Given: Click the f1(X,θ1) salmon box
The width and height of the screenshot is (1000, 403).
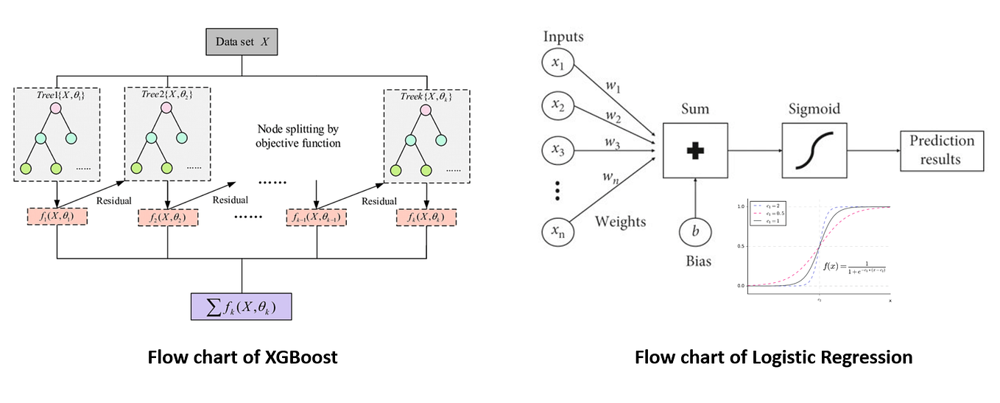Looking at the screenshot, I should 57,217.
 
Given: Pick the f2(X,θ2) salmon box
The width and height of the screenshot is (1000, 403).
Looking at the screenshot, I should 168,217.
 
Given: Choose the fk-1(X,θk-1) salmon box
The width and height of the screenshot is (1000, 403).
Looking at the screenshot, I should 316,217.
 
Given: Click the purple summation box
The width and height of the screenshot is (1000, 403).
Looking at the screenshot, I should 242,304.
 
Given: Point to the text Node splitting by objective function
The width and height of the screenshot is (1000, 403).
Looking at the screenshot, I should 298,135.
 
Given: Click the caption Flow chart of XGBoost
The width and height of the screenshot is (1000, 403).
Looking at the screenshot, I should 242,357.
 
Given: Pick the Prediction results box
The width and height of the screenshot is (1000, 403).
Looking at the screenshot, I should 941,150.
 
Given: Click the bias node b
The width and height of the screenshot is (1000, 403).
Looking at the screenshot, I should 695,231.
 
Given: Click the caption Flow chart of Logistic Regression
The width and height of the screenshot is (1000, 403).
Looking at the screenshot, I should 773,357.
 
